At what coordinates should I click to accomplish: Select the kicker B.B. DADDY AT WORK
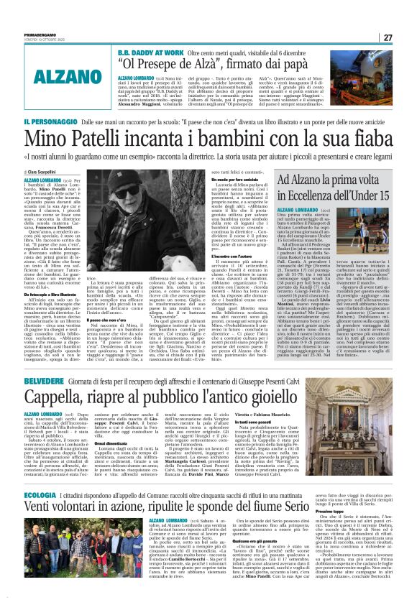pos(148,52)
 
